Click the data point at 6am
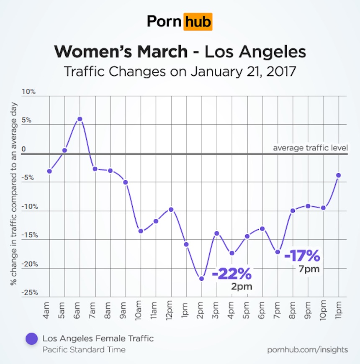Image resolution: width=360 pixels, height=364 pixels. coord(80,119)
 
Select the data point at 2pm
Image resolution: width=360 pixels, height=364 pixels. coord(201,278)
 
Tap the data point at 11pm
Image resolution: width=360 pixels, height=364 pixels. coord(338,175)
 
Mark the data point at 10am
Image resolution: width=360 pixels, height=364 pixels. coord(141,231)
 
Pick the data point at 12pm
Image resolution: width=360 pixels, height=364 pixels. coord(171,209)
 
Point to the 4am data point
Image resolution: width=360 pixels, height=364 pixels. coord(49,171)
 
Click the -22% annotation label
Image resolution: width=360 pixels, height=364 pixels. coord(232,274)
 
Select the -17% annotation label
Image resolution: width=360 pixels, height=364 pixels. coord(302,255)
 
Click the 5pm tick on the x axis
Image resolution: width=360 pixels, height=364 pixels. coord(247,310)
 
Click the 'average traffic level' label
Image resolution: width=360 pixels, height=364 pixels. coord(310,148)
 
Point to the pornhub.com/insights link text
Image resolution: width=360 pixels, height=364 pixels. coord(308,349)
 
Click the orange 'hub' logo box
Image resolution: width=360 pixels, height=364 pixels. coord(198,21)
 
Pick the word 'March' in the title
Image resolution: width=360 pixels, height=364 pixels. coord(162,52)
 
